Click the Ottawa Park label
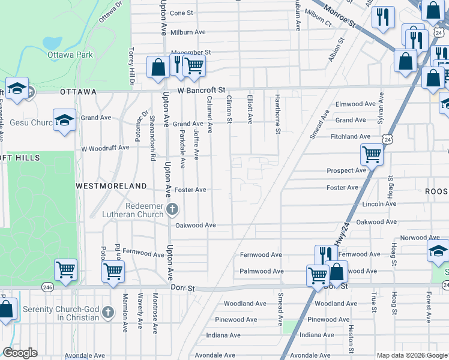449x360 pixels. (x=71, y=55)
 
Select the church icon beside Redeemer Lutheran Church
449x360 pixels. (x=172, y=209)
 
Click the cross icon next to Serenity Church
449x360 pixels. (x=107, y=312)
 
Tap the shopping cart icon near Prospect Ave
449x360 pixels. (x=372, y=155)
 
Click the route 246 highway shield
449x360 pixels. (x=47, y=288)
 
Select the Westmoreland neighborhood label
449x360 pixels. (x=112, y=186)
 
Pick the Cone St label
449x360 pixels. (x=181, y=13)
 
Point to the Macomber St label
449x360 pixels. (x=191, y=53)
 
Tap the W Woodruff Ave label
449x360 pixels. (x=106, y=148)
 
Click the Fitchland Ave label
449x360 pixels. (x=351, y=137)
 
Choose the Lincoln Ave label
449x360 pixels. (x=379, y=204)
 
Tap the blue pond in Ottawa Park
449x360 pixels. (x=52, y=43)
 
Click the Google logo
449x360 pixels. (x=20, y=353)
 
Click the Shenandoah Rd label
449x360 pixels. (x=152, y=138)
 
